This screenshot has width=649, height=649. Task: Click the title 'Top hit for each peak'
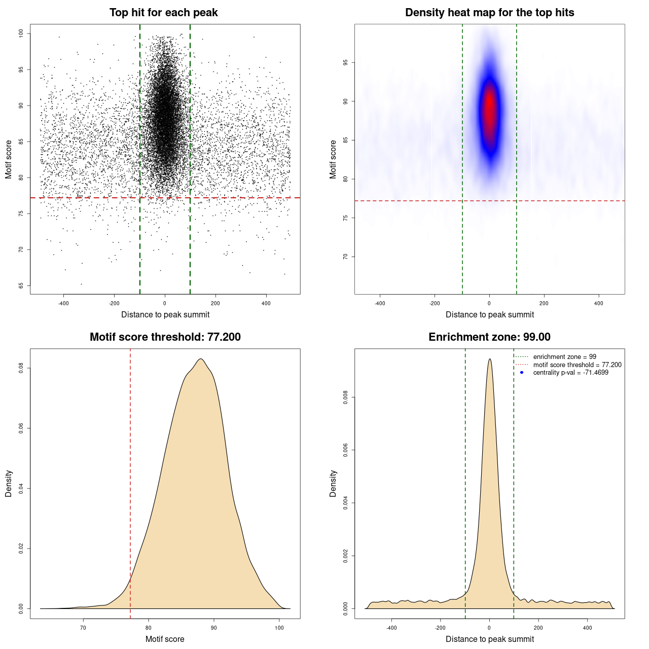[x=164, y=13]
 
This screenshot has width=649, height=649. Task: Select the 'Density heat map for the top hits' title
[x=489, y=13]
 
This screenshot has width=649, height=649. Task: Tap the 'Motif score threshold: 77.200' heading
[x=165, y=337]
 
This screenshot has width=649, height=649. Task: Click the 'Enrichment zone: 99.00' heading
[x=489, y=337]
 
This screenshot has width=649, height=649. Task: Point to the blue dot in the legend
[x=522, y=373]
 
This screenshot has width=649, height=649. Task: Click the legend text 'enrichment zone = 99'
[x=564, y=357]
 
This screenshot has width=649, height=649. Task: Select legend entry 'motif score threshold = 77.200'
[x=577, y=365]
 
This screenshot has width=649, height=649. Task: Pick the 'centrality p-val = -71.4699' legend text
[x=570, y=373]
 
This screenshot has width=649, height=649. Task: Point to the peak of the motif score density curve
[x=201, y=359]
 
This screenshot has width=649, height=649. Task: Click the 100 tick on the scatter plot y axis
[x=21, y=33]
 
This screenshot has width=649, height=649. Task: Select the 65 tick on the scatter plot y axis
[x=21, y=286]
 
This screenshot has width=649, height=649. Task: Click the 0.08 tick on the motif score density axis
[x=21, y=368]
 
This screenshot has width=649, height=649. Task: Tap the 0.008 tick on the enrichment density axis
[x=345, y=398]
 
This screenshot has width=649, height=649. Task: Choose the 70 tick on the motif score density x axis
[x=83, y=628]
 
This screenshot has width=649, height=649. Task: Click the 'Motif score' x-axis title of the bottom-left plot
[x=165, y=639]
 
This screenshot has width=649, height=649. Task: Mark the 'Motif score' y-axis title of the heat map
[x=333, y=159]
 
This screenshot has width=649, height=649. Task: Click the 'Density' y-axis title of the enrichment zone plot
[x=333, y=483]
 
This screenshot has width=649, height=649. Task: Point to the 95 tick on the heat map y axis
[x=345, y=62]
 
